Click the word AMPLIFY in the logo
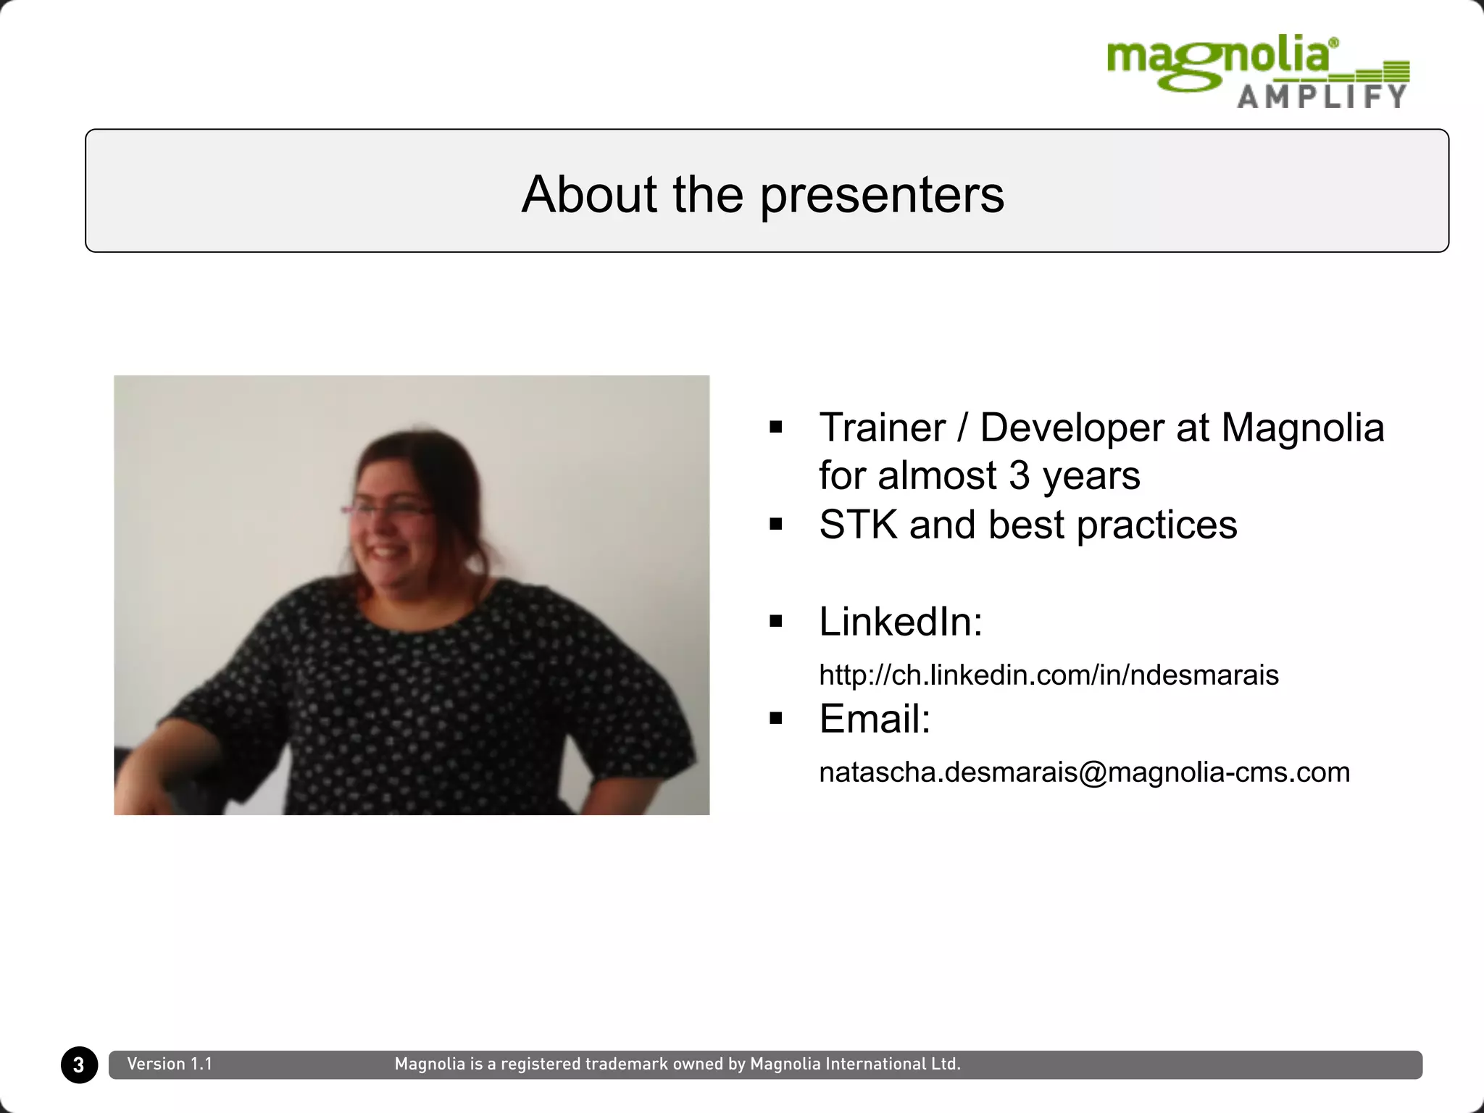click(1322, 96)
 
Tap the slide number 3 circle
click(79, 1064)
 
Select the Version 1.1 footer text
click(170, 1064)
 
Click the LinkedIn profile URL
click(1049, 675)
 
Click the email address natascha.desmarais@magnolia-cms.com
click(1084, 772)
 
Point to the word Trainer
click(882, 428)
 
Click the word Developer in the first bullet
click(1072, 428)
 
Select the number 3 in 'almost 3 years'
click(1019, 476)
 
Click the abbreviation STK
click(858, 525)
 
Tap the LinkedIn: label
click(900, 622)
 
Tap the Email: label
click(874, 719)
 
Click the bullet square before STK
click(776, 524)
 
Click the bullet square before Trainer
click(776, 427)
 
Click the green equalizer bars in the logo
click(1380, 72)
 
